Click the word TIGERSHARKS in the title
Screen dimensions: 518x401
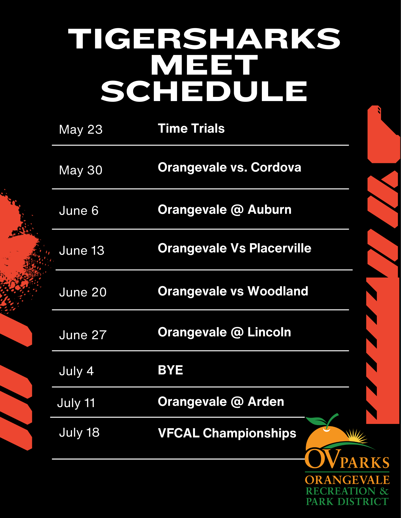coord(204,39)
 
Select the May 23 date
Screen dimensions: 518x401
coord(81,130)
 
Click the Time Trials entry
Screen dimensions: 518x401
coord(191,129)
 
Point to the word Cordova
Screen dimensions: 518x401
coord(276,167)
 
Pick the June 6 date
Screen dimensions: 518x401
coord(79,210)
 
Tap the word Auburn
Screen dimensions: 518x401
coord(269,210)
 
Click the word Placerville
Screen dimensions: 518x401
coord(280,248)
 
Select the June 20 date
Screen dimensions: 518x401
coord(83,292)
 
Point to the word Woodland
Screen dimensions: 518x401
coord(278,291)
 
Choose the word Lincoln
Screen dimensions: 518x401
coord(269,332)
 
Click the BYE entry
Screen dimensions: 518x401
coord(171,370)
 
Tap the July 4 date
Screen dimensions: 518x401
coord(76,371)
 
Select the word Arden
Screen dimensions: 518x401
coord(266,402)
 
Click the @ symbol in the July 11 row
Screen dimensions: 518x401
coord(237,402)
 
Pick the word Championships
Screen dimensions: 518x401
coord(249,433)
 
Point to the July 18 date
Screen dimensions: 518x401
coord(79,432)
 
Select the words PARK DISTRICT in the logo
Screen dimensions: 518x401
coord(347,502)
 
